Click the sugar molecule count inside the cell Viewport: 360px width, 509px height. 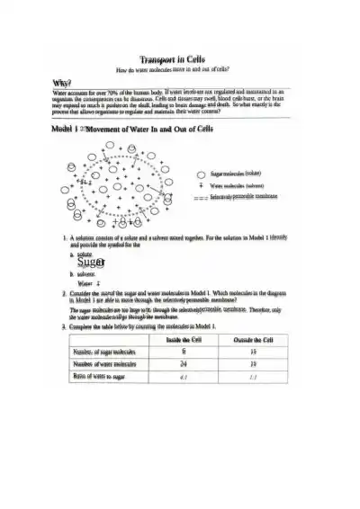184,353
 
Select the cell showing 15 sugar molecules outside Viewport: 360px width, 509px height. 253,353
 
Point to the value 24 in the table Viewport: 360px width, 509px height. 184,365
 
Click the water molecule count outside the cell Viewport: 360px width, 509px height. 253,365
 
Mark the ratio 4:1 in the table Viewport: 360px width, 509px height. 184,378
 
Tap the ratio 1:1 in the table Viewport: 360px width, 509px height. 253,378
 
